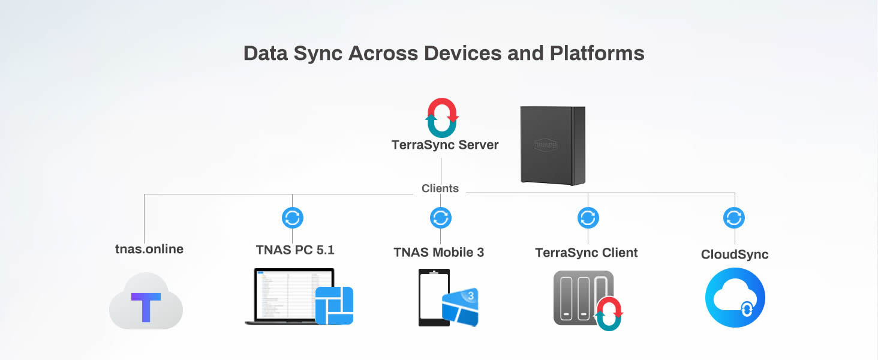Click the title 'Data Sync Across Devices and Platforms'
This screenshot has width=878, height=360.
coord(444,53)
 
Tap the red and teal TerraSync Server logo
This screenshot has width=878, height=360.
coord(442,118)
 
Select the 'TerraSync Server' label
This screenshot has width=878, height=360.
coord(444,145)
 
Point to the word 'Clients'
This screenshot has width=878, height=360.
coord(440,188)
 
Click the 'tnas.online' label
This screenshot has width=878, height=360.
coord(149,249)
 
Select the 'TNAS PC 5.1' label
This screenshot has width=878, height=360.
coord(295,250)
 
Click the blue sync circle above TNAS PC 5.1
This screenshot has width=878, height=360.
coord(293,218)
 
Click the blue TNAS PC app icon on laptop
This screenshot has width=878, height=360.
coord(334,305)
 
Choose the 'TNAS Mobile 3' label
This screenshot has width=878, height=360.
coord(438,253)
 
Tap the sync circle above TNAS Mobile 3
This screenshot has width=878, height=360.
coord(441,218)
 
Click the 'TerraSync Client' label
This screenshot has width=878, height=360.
coord(587,253)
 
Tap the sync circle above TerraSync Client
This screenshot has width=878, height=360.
coord(588,218)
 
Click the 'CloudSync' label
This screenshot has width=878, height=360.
coord(735,254)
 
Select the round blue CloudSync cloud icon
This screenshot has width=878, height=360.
coord(735,298)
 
